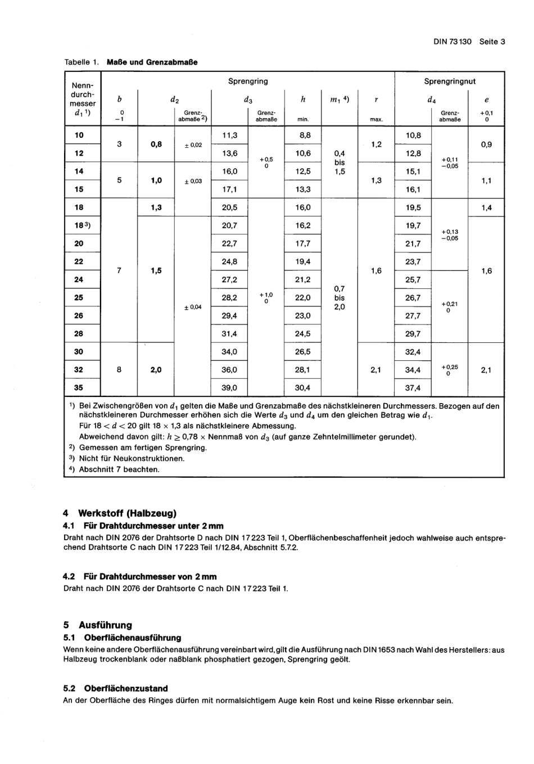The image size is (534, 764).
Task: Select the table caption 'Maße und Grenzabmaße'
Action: coord(152,62)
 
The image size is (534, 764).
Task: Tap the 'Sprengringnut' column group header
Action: coord(449,82)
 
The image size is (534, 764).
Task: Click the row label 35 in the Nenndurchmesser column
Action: coord(79,388)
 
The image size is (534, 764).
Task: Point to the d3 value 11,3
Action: coord(229,135)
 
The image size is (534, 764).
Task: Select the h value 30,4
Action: coord(302,388)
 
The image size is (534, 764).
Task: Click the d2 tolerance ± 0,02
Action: coord(193,145)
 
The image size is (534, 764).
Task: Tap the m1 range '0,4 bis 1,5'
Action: coord(340,162)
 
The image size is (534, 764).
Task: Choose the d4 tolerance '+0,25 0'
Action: coord(450,370)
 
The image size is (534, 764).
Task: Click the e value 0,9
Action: coord(486,144)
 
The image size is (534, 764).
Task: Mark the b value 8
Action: coord(119,370)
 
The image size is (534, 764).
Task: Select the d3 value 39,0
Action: coord(229,388)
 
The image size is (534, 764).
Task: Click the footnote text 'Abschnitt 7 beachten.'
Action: coord(119,469)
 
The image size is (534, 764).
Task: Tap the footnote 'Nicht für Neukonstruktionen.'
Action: coord(132,459)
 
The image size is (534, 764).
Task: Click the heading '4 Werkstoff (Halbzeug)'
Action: coord(120,513)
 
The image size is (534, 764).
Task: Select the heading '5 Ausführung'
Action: coord(98,625)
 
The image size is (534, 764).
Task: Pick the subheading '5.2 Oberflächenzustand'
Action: coord(115,688)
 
